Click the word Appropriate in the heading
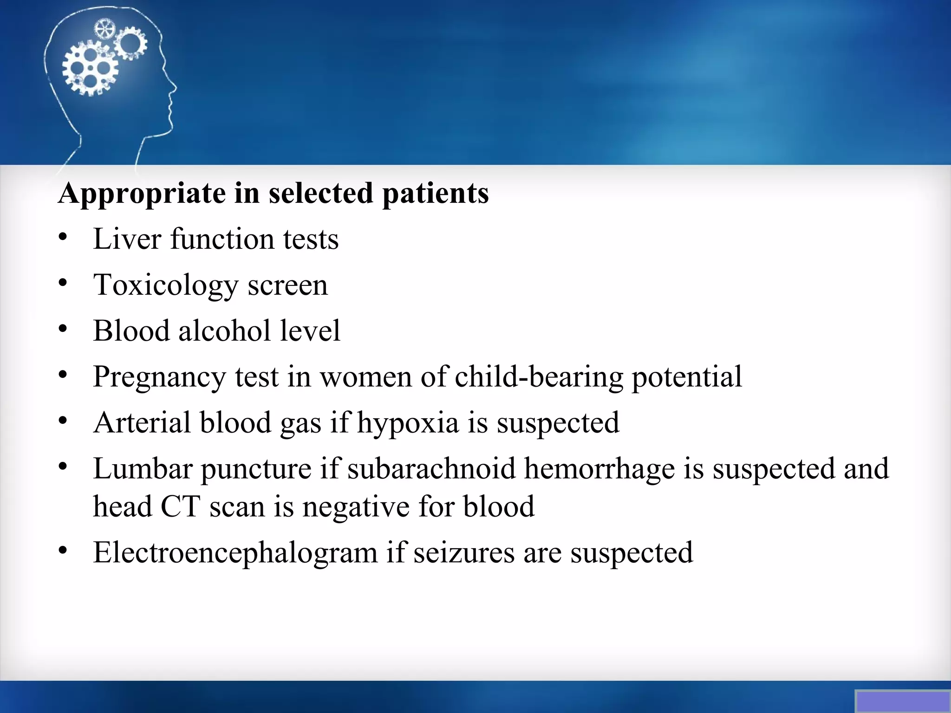[141, 193]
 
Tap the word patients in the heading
[435, 193]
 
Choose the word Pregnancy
[159, 376]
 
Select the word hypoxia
[408, 423]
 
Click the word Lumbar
[143, 468]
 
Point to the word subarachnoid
[431, 468]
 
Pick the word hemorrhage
[599, 469]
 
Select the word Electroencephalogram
[235, 552]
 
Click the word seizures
[464, 552]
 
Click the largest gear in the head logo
[90, 69]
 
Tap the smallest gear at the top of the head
[104, 29]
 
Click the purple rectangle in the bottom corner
[902, 701]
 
